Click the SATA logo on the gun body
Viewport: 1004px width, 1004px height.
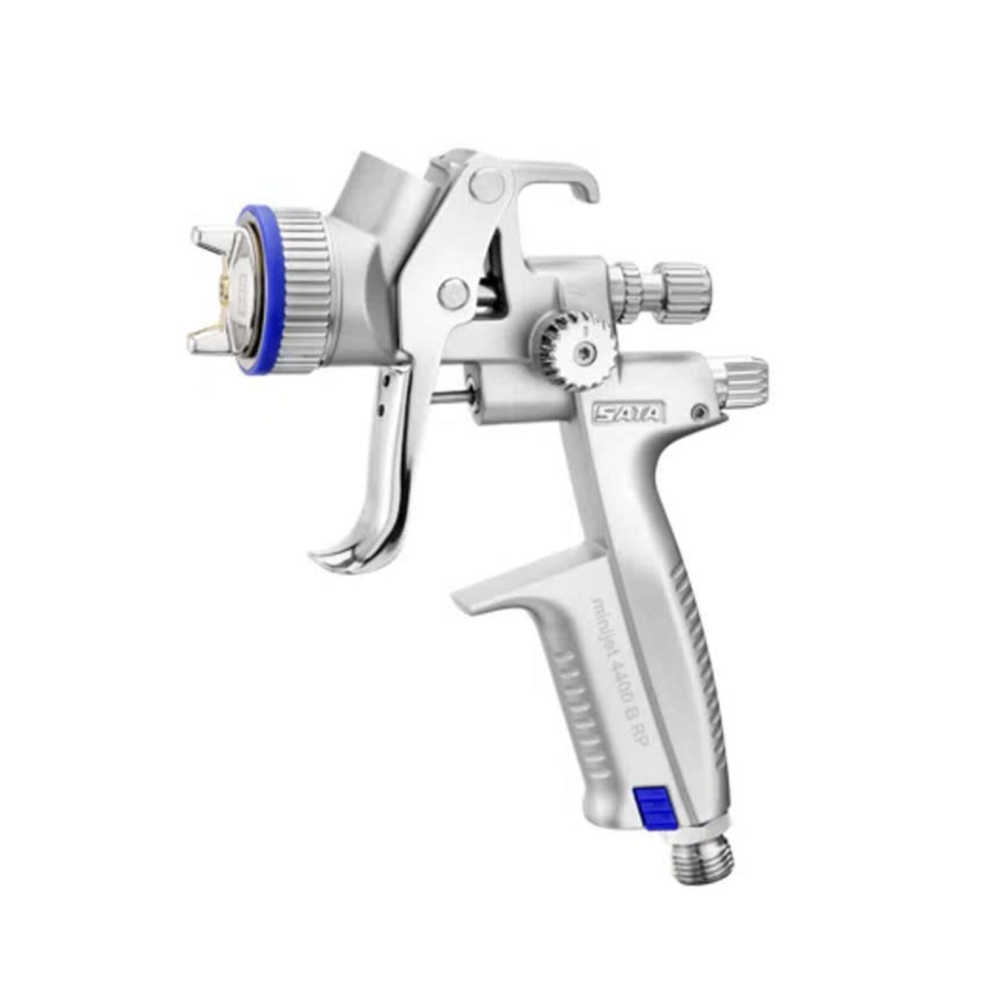(628, 414)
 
